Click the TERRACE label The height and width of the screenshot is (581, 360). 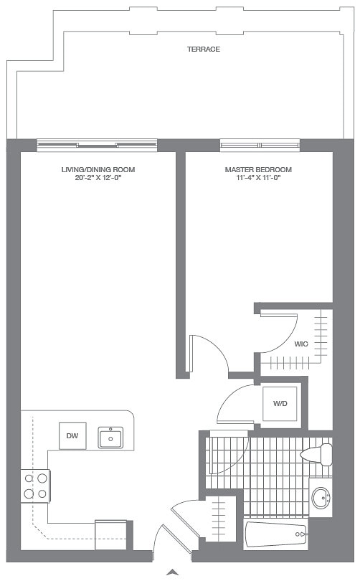click(x=203, y=49)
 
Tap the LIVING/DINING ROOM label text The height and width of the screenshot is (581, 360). click(x=98, y=170)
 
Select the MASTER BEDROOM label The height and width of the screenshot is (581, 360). click(x=258, y=170)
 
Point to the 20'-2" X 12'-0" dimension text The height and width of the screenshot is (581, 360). click(x=98, y=178)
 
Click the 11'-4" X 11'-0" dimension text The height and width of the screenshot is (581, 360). click(x=258, y=178)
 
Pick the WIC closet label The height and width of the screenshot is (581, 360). click(x=301, y=344)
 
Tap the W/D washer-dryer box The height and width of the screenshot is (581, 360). click(x=280, y=404)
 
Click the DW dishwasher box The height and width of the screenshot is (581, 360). click(x=72, y=435)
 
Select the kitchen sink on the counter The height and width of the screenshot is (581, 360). click(x=110, y=437)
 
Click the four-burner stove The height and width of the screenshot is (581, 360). click(x=35, y=485)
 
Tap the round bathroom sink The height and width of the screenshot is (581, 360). click(x=321, y=496)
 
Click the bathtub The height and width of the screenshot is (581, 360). click(x=277, y=535)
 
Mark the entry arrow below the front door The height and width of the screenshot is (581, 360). click(x=172, y=572)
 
